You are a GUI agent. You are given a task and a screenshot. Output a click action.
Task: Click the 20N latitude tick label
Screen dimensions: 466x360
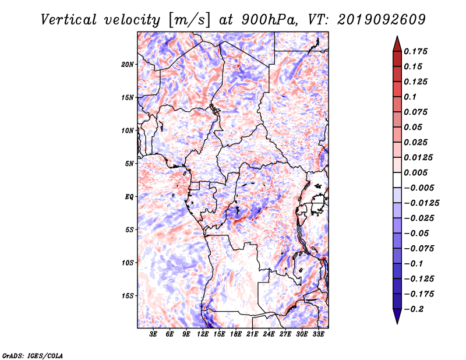[x=128, y=65]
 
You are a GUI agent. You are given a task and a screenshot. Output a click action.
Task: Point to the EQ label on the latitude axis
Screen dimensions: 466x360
[x=129, y=197]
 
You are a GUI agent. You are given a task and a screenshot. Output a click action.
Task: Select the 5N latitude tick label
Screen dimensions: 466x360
[x=129, y=164]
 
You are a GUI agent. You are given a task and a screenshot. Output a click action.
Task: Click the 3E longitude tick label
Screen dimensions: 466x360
[x=153, y=334]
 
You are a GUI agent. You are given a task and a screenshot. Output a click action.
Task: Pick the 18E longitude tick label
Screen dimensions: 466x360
[x=235, y=334]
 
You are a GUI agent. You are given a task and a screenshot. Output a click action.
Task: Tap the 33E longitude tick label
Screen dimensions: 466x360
[x=318, y=334]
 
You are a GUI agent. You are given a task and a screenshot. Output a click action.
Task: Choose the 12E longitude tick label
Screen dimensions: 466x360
[x=202, y=334]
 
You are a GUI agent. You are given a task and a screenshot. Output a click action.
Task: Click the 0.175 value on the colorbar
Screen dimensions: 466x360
[x=415, y=51]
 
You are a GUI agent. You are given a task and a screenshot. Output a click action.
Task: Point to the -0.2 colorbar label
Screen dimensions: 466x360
[x=414, y=309]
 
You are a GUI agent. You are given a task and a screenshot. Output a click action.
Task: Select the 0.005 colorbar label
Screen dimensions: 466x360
[x=415, y=172]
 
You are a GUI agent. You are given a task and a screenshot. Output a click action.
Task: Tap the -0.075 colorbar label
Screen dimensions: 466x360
[x=419, y=249]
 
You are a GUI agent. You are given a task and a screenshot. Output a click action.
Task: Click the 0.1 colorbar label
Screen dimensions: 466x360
[x=410, y=97]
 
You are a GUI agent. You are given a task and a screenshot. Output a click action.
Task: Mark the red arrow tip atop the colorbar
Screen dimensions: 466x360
[x=397, y=37]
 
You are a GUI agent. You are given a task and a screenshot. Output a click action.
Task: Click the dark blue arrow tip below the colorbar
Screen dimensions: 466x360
[x=397, y=323]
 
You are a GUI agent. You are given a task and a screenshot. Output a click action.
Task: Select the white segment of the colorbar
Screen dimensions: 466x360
[x=397, y=180]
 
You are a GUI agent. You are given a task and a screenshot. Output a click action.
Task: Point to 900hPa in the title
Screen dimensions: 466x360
[x=269, y=20]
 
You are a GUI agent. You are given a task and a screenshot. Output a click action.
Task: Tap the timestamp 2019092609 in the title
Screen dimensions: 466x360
[x=382, y=20]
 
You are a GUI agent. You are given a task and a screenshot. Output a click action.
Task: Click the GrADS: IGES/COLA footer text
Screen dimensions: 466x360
[x=33, y=356]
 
